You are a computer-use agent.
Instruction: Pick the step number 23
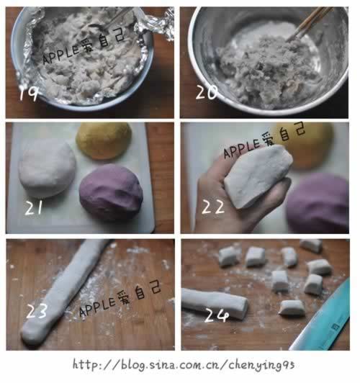37,312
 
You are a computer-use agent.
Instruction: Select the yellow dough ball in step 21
104,140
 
